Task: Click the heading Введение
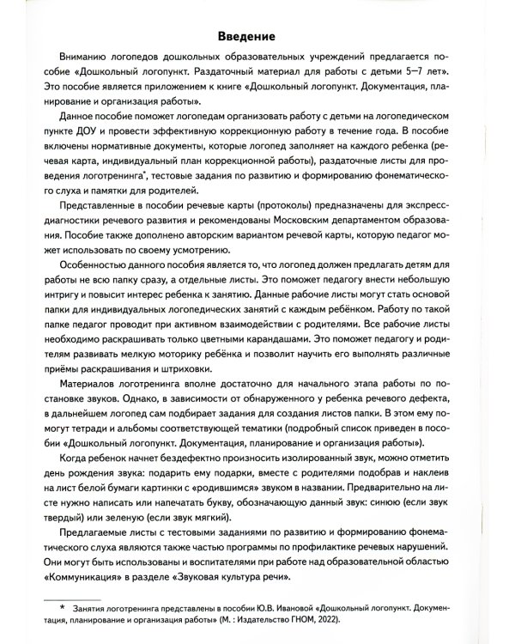pyautogui.click(x=257, y=37)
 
